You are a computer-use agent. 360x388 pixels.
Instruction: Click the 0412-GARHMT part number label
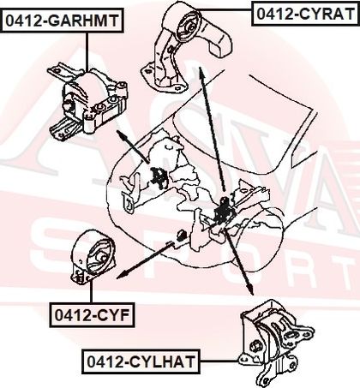[x=62, y=21]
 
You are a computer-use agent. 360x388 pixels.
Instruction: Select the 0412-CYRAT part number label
[x=305, y=14]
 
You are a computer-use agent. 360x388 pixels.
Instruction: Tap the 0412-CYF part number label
[x=92, y=315]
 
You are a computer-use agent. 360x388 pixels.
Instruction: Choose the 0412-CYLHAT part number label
[x=141, y=361]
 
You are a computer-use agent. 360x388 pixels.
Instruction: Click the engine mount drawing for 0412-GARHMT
[x=87, y=101]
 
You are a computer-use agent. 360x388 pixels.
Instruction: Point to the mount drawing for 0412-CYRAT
[x=186, y=47]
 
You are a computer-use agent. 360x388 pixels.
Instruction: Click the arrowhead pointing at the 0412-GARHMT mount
[x=122, y=134]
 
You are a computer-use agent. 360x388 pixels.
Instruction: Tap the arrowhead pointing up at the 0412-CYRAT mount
[x=201, y=71]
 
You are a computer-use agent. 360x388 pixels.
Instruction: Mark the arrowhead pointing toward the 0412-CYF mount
[x=123, y=275]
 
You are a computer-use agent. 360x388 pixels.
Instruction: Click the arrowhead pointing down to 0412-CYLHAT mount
[x=250, y=290]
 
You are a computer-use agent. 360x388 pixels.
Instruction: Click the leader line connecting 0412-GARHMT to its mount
[x=87, y=51]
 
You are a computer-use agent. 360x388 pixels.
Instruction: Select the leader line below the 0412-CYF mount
[x=91, y=292]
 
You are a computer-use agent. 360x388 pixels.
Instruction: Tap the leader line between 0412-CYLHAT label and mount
[x=219, y=361]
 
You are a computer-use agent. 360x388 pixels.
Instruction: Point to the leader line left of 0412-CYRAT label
[x=225, y=10]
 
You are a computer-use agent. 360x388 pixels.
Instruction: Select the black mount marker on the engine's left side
[x=158, y=177]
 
